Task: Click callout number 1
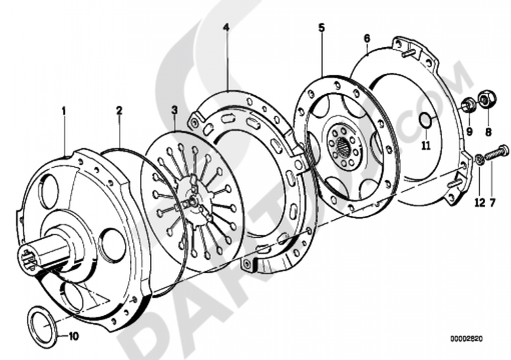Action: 64,110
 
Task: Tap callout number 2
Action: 119,110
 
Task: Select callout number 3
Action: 174,110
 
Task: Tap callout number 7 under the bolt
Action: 493,203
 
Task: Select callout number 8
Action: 488,132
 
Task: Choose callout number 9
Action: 469,132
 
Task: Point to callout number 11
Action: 426,146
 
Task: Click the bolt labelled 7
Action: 495,153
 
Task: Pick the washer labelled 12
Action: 479,160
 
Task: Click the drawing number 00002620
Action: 466,339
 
